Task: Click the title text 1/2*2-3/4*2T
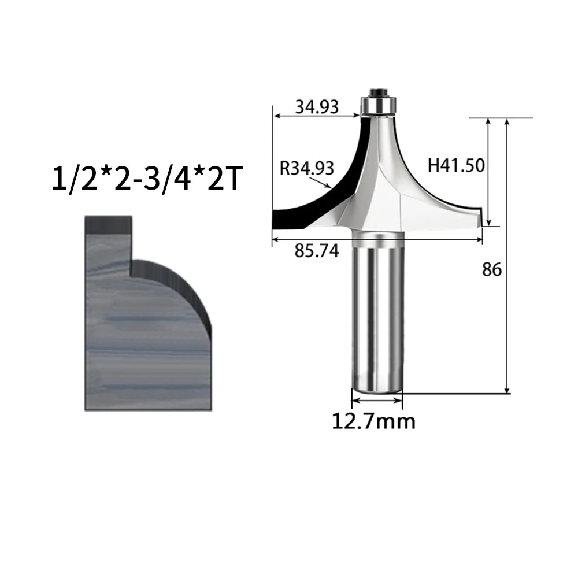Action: (x=148, y=179)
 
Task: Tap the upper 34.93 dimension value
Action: (x=317, y=108)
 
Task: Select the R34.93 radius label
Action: (x=307, y=168)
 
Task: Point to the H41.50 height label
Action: (x=456, y=165)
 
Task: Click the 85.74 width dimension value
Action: (x=317, y=251)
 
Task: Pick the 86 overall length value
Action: (x=492, y=270)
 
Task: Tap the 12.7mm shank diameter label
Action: (x=374, y=421)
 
